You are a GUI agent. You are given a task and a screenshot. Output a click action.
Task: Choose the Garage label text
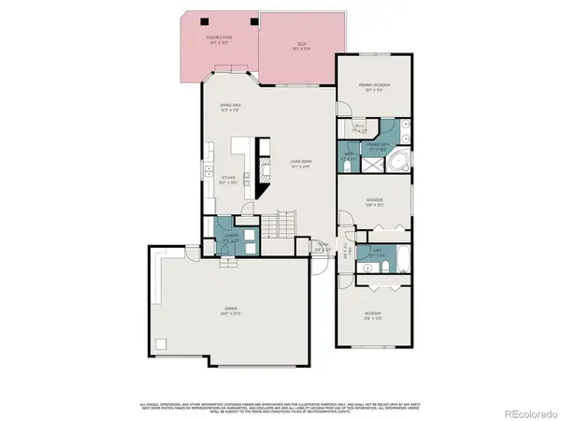pyautogui.click(x=230, y=310)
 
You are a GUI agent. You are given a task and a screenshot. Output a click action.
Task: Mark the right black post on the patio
pyautogui.click(x=252, y=22)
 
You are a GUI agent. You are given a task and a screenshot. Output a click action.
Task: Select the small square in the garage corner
pyautogui.click(x=161, y=342)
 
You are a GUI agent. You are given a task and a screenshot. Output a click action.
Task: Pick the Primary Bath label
pyautogui.click(x=378, y=147)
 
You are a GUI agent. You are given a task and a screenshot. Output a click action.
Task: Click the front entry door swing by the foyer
pyautogui.click(x=320, y=267)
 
